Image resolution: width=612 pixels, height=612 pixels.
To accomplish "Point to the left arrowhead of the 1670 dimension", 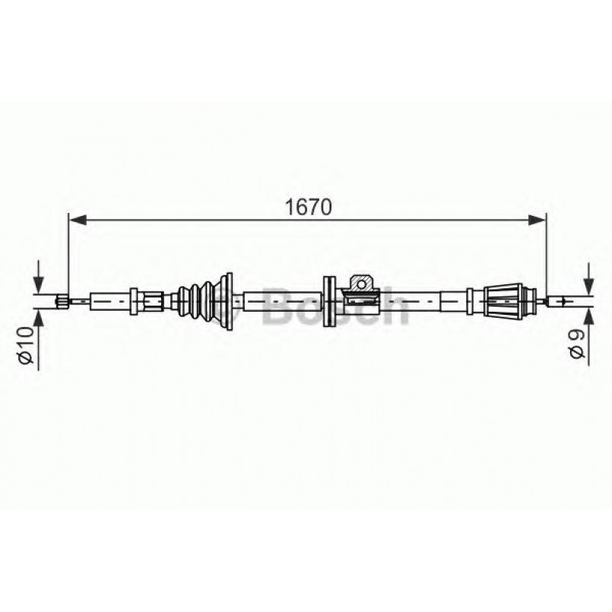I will click(75, 220).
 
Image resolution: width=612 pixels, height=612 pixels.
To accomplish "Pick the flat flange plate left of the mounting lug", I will click(329, 300).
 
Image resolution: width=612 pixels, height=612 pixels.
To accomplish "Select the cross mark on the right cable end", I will click(562, 301).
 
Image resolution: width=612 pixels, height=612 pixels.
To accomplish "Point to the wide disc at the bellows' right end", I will click(226, 300).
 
